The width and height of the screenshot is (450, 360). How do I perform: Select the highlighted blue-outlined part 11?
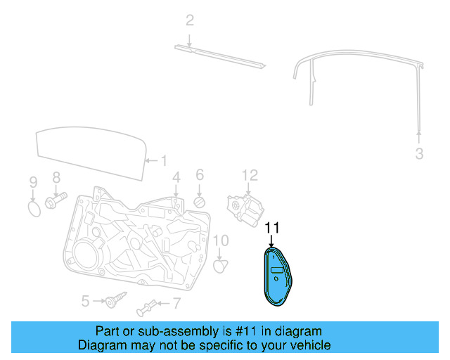click(x=277, y=277)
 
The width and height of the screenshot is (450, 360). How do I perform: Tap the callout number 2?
click(x=189, y=20)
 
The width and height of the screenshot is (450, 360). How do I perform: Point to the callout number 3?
click(x=419, y=154)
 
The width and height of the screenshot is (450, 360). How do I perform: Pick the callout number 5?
click(x=84, y=302)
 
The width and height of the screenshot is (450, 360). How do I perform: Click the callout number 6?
click(x=199, y=174)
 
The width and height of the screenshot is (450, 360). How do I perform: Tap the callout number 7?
click(x=176, y=304)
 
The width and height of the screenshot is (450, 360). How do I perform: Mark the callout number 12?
click(x=250, y=175)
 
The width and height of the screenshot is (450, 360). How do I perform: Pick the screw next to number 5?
click(x=111, y=302)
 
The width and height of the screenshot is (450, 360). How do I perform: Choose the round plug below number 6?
click(x=200, y=203)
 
